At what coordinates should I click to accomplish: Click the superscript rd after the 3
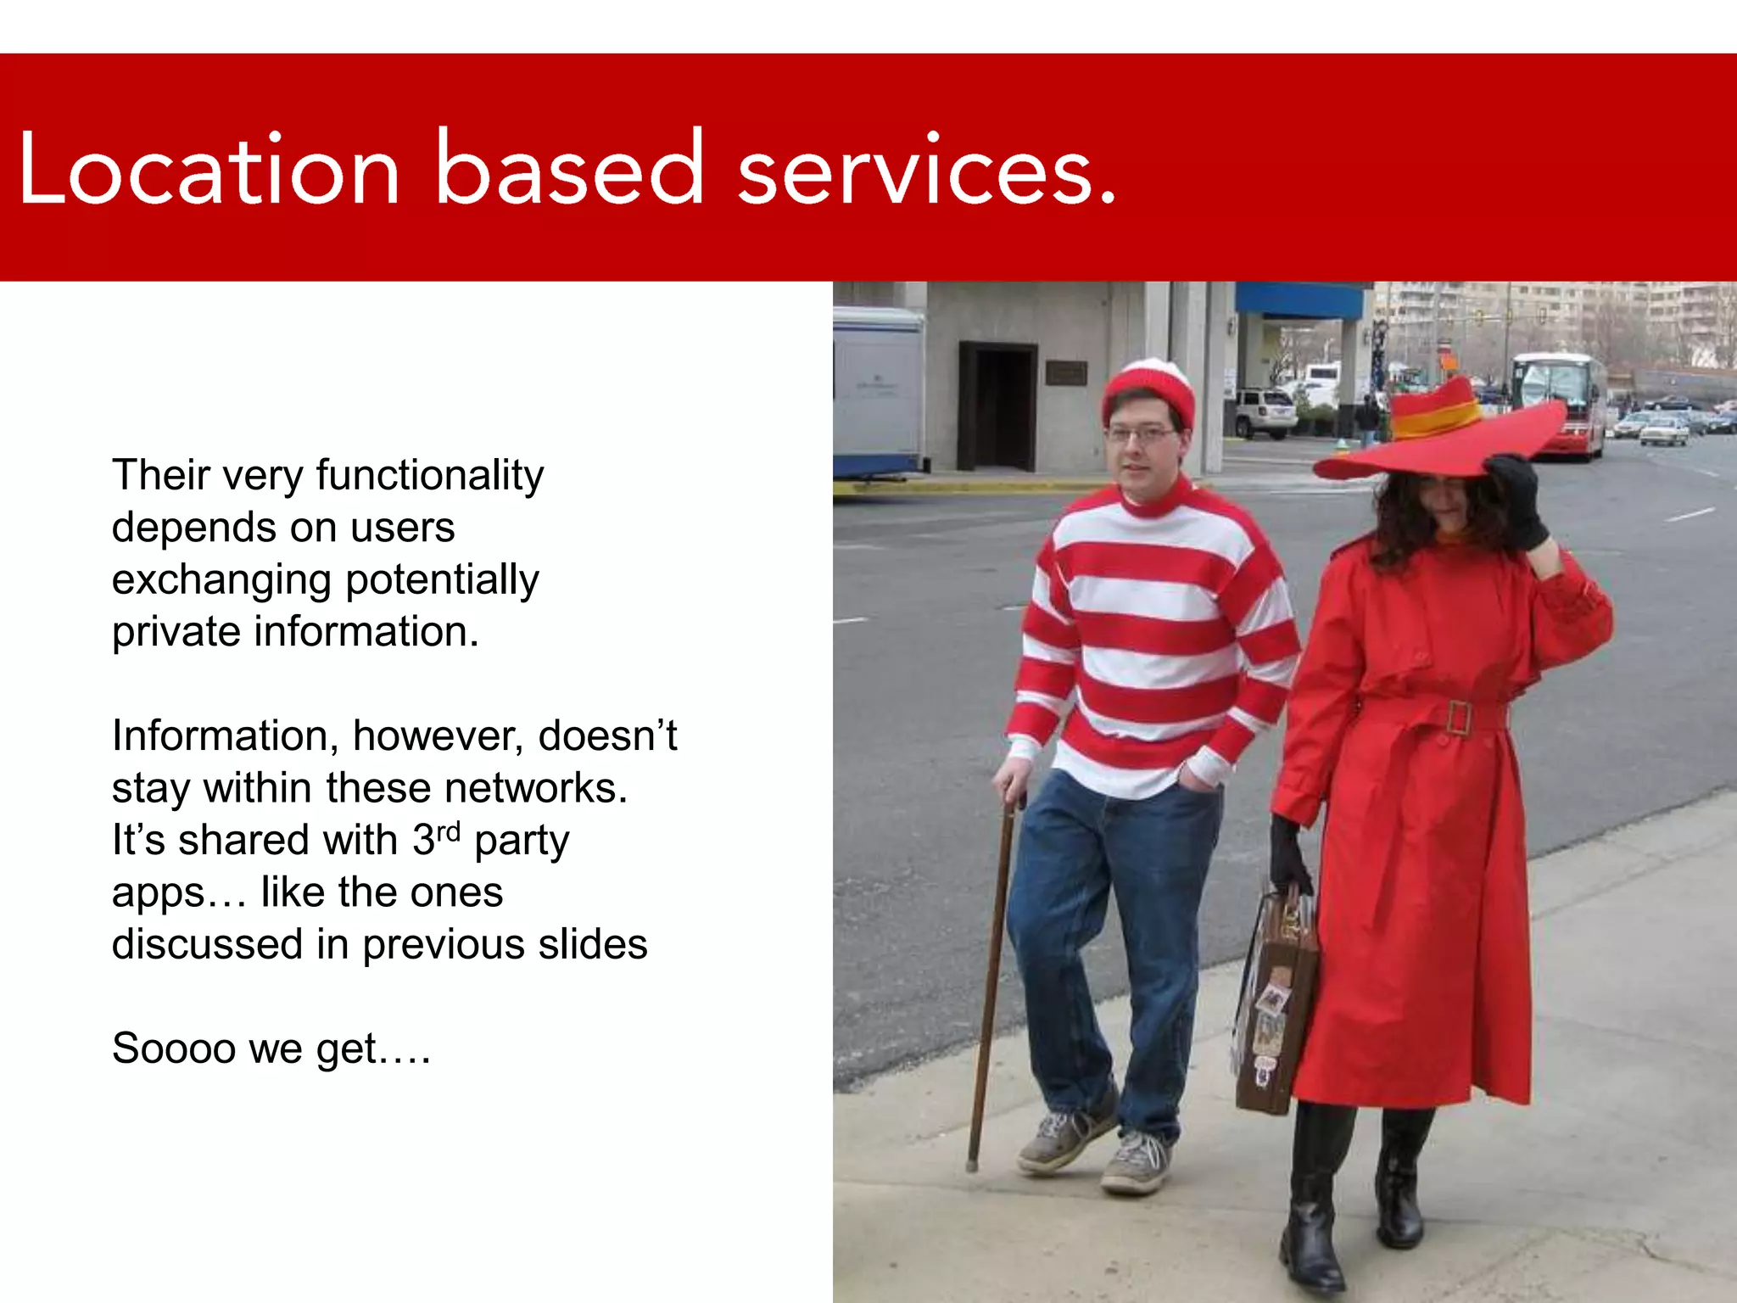click(x=448, y=830)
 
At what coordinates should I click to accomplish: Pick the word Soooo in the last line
click(x=173, y=1049)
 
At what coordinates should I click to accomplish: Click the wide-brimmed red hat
click(x=1442, y=433)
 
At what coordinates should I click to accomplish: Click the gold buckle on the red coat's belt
click(x=1459, y=718)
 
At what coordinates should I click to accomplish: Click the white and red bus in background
click(x=1561, y=403)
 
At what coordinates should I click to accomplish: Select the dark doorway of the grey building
click(x=997, y=407)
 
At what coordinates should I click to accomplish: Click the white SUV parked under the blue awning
click(x=1264, y=413)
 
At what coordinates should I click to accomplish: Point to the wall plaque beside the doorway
click(x=1065, y=372)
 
